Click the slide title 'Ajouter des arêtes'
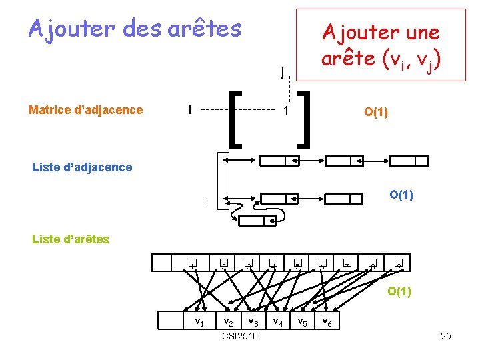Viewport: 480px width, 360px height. pos(135,29)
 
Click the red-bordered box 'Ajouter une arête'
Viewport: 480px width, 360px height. pos(381,44)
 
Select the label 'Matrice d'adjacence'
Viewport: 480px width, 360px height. pos(86,110)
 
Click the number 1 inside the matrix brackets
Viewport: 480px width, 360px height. pos(285,111)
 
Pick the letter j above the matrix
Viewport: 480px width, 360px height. pos(283,72)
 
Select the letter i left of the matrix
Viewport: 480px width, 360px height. pos(191,109)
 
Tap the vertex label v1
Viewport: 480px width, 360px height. pos(199,322)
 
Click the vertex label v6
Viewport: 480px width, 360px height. pos(327,322)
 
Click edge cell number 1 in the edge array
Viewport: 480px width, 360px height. pos(191,264)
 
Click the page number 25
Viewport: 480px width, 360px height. pos(446,336)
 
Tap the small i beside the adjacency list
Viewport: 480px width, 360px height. pos(205,201)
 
